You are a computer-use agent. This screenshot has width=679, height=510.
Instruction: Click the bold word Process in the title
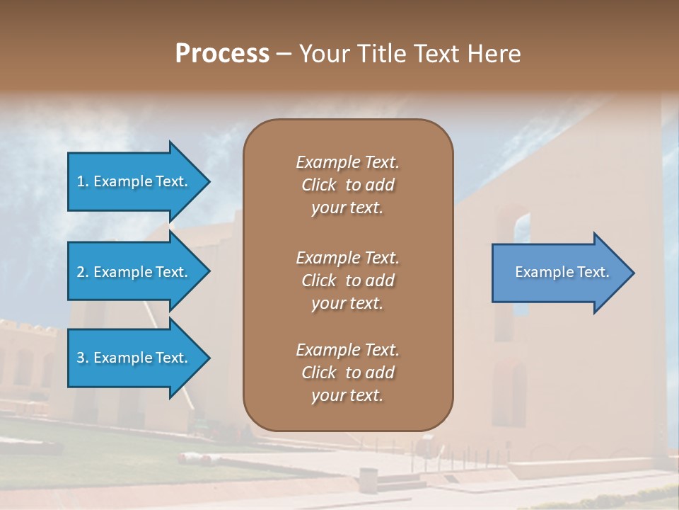click(222, 54)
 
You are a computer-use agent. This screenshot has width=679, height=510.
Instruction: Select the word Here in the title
click(494, 54)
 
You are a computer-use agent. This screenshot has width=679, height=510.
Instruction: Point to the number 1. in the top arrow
click(83, 181)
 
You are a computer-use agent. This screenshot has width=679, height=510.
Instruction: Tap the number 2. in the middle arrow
click(83, 272)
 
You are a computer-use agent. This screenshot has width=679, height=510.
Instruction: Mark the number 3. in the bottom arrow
click(83, 358)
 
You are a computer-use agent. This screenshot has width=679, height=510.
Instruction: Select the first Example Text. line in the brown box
click(347, 162)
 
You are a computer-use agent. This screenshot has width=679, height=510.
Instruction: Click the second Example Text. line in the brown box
click(347, 257)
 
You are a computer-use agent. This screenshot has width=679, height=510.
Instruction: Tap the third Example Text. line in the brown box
click(347, 349)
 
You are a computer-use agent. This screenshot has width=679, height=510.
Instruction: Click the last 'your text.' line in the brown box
click(347, 396)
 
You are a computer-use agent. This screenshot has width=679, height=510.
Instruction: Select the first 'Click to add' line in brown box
click(347, 185)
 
